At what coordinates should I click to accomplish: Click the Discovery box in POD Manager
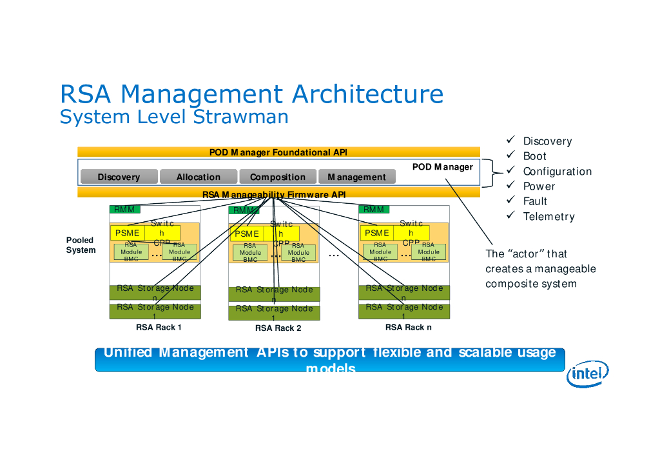point(119,177)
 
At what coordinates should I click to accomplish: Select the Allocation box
point(199,177)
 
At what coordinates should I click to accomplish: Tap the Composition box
point(278,177)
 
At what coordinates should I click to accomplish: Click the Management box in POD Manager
point(356,177)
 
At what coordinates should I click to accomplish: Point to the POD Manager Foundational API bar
point(278,152)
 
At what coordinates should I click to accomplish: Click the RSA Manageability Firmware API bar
point(278,194)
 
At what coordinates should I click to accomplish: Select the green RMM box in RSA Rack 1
point(124,210)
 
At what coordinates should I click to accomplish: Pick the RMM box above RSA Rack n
point(374,209)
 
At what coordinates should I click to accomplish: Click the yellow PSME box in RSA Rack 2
point(247,234)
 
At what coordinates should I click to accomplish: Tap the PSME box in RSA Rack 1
point(127,233)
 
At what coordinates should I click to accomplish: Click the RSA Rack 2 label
point(278,328)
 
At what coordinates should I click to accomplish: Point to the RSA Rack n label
point(408,328)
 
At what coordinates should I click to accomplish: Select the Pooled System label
point(81,245)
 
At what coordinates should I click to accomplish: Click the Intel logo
point(587,373)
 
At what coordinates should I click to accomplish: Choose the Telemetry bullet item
point(548,217)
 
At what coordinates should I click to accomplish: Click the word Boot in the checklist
point(534,156)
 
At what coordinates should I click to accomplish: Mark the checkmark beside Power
point(510,186)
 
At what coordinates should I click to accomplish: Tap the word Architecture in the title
point(367,94)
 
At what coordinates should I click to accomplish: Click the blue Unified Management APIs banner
point(329,359)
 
